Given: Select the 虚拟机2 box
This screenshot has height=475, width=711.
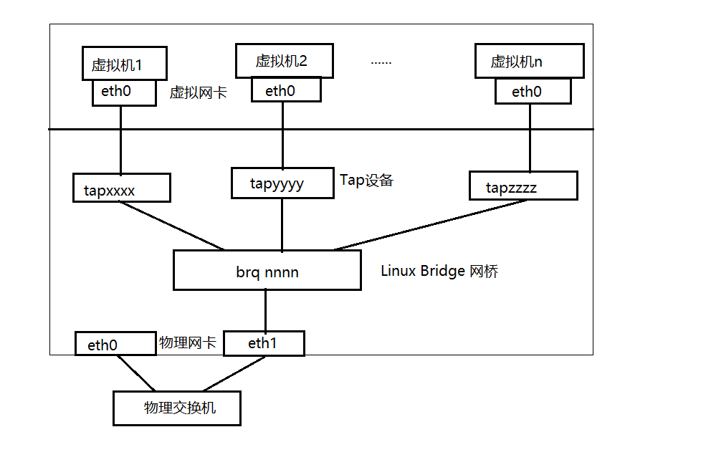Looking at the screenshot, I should point(285,60).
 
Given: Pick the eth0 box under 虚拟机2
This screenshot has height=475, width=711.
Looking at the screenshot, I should point(285,90).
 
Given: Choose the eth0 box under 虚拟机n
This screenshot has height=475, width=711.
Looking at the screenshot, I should point(533,91).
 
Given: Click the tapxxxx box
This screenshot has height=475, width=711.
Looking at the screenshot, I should point(121,188).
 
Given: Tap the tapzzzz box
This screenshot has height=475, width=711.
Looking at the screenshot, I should point(522,186).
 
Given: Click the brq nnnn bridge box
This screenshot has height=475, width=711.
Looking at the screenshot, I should point(267,270).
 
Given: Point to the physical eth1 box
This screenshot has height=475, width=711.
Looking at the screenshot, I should point(264,343).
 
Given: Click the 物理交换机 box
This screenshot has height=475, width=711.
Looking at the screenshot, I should point(177,408).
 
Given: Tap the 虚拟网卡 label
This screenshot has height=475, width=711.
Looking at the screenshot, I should point(199,92).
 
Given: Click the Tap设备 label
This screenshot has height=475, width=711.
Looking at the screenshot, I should point(366,180).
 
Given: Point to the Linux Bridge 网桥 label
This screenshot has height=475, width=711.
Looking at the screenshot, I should point(439,271).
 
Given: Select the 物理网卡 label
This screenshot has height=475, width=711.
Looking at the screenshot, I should point(188,343).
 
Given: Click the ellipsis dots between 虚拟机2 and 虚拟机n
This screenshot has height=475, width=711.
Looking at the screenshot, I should point(381,62).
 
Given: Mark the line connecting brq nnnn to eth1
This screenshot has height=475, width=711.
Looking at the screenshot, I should point(266,310).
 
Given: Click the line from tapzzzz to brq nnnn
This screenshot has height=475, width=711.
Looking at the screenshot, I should point(430,225).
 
